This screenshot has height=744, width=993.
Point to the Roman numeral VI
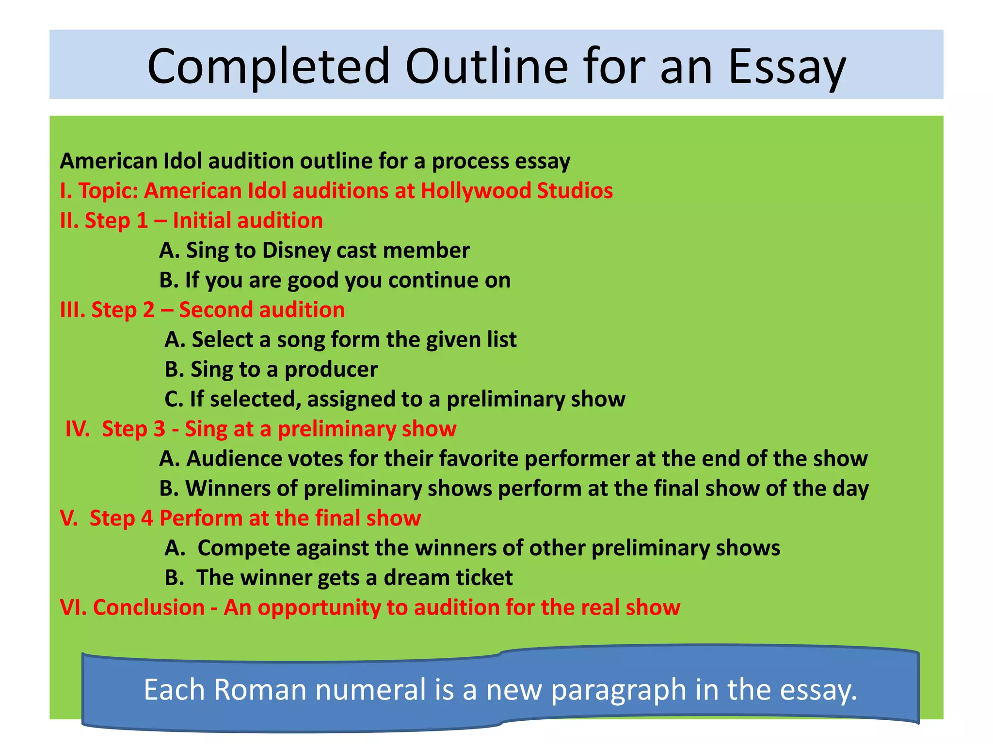coord(73,607)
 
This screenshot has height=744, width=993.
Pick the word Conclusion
coord(149,607)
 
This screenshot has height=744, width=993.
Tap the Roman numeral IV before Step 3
coord(78,429)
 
